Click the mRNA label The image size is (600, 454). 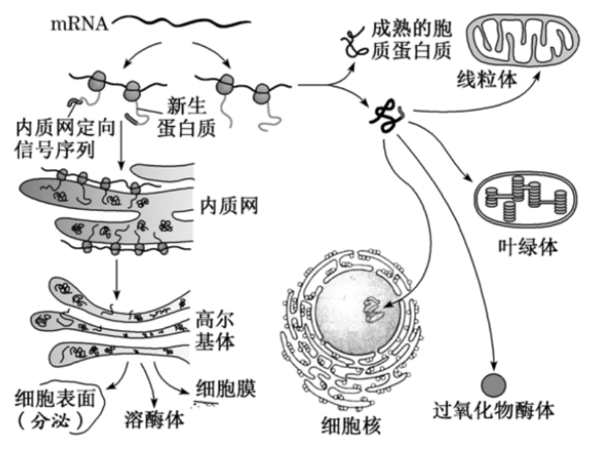79,23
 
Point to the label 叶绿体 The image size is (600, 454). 528,247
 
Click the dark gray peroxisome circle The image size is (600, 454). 495,384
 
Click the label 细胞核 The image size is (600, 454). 351,425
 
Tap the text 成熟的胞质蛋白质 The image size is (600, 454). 412,38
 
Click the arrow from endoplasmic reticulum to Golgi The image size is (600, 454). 117,277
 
